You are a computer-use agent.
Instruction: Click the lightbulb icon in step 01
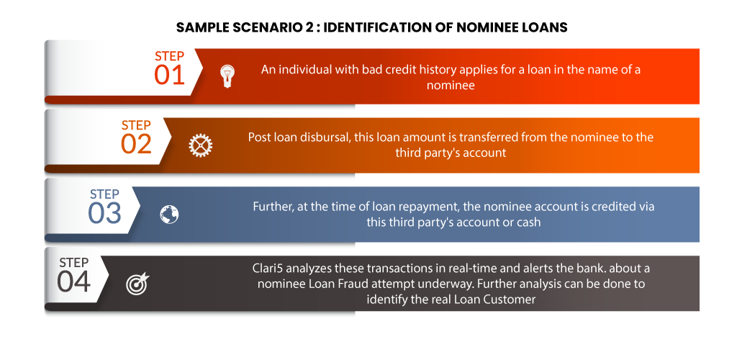pyautogui.click(x=227, y=76)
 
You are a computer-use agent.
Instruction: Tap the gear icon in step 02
pyautogui.click(x=201, y=145)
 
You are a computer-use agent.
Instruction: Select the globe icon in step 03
pyautogui.click(x=169, y=215)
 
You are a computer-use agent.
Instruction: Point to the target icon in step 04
pyautogui.click(x=137, y=284)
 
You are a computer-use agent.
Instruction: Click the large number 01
pyautogui.click(x=169, y=75)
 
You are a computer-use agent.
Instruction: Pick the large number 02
pyautogui.click(x=136, y=144)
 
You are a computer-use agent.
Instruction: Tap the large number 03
pyautogui.click(x=104, y=212)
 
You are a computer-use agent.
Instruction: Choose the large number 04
pyautogui.click(x=74, y=282)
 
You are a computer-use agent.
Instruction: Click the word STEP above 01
pyautogui.click(x=170, y=56)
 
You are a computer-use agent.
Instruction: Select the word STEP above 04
pyautogui.click(x=74, y=263)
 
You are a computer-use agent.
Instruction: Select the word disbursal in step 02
pyautogui.click(x=329, y=138)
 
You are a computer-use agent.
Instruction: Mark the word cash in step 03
pyautogui.click(x=529, y=222)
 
